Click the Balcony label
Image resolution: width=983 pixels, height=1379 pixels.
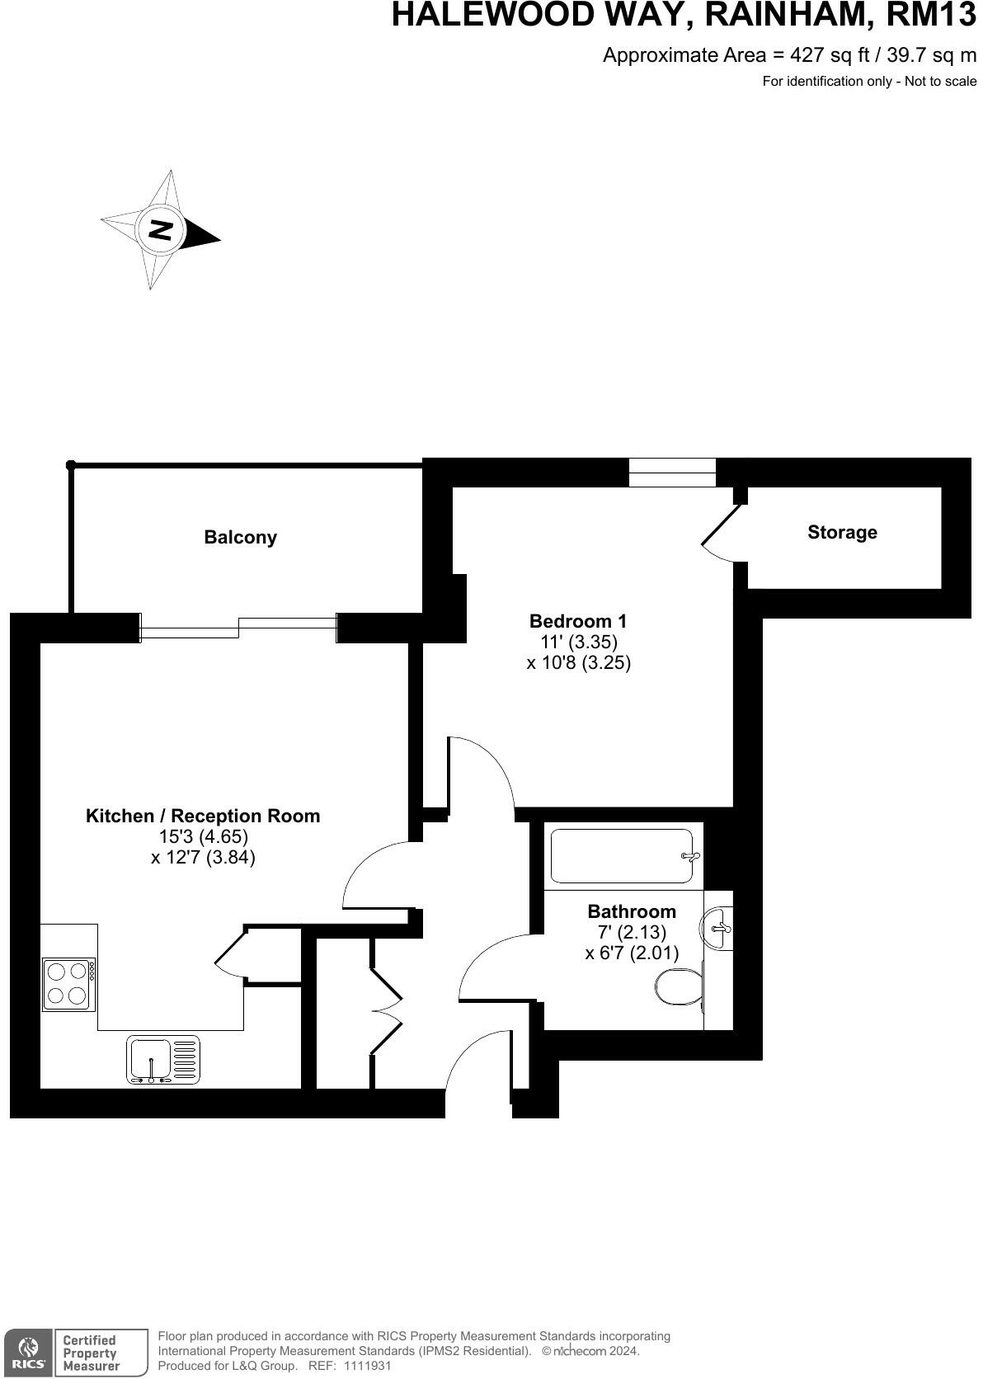click(240, 538)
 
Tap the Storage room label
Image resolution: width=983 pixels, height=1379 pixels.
click(842, 533)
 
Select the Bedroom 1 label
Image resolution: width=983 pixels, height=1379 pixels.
click(578, 621)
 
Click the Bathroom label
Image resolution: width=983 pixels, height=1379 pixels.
click(631, 911)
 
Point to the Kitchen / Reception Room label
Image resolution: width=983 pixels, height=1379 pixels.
click(203, 816)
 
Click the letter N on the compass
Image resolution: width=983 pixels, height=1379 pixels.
click(160, 229)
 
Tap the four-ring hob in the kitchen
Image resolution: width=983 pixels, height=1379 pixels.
click(69, 983)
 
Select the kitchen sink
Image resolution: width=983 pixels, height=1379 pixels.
click(162, 1060)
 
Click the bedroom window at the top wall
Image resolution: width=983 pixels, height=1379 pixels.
click(672, 473)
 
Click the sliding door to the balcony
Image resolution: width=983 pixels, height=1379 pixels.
click(238, 628)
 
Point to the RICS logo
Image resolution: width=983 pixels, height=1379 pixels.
click(28, 1353)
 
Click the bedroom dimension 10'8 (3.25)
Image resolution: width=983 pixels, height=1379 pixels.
click(578, 662)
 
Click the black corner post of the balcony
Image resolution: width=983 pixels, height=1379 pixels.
click(71, 465)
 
